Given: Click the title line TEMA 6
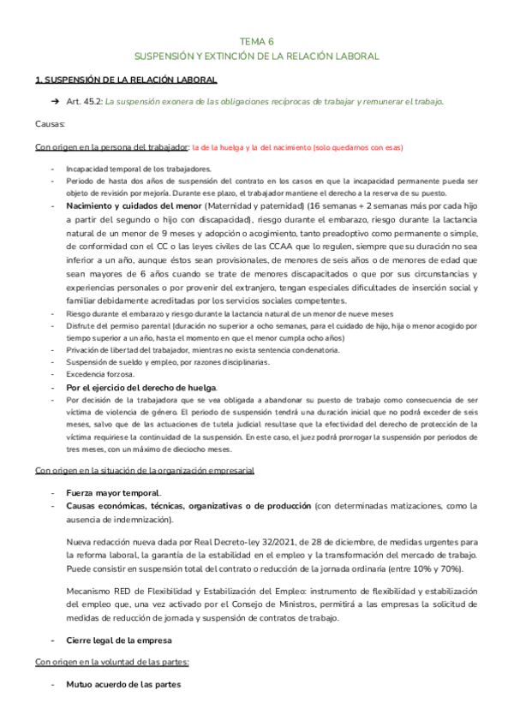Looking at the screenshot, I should (257, 40).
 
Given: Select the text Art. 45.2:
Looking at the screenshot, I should (90, 101).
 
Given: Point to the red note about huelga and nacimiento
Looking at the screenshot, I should (296, 147).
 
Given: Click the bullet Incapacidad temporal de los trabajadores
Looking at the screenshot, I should (138, 170).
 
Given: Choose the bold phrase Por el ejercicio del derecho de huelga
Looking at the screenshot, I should (141, 387).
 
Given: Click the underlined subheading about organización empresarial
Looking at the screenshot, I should (144, 470).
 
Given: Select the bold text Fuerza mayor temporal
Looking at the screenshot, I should (113, 493).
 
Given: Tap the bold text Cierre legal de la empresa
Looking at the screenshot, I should (119, 640).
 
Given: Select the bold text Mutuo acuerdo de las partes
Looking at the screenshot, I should (123, 685).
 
